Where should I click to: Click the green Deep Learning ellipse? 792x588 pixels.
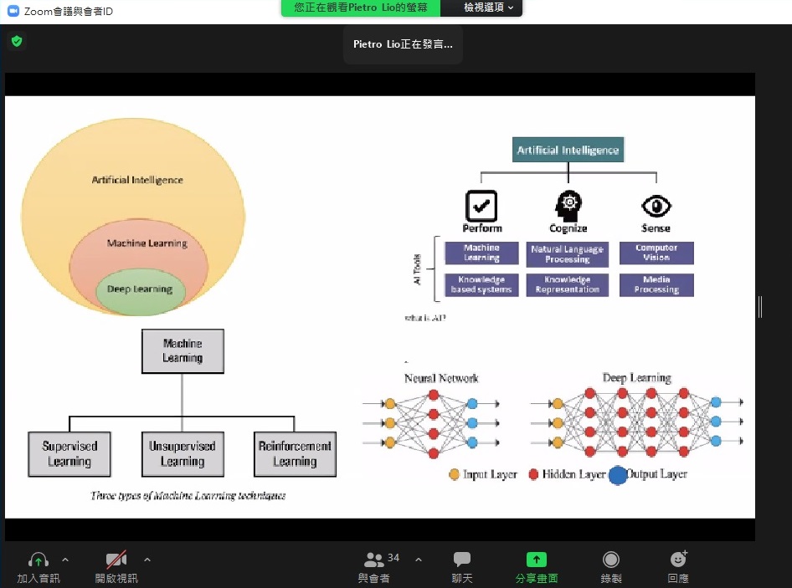(x=140, y=290)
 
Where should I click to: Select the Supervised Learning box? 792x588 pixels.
(x=69, y=454)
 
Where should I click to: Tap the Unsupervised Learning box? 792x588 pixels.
(x=183, y=454)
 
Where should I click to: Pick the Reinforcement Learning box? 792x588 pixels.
(x=295, y=454)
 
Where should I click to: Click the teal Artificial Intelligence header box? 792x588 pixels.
(x=568, y=151)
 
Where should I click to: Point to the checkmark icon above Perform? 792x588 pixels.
(x=481, y=206)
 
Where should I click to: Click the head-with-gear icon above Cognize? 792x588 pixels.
(x=568, y=204)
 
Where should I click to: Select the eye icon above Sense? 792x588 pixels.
(x=656, y=206)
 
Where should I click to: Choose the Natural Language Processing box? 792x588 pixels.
(x=567, y=254)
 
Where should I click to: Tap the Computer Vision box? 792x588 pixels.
(x=656, y=253)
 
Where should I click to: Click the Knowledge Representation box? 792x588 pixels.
(x=567, y=284)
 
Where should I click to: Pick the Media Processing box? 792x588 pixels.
(x=656, y=284)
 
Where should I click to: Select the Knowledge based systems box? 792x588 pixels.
(x=481, y=284)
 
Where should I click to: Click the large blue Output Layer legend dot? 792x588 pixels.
(x=618, y=475)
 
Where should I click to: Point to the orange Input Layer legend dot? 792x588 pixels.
(x=455, y=474)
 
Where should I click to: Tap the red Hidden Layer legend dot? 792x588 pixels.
(x=533, y=474)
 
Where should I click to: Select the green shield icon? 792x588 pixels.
(x=17, y=41)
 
